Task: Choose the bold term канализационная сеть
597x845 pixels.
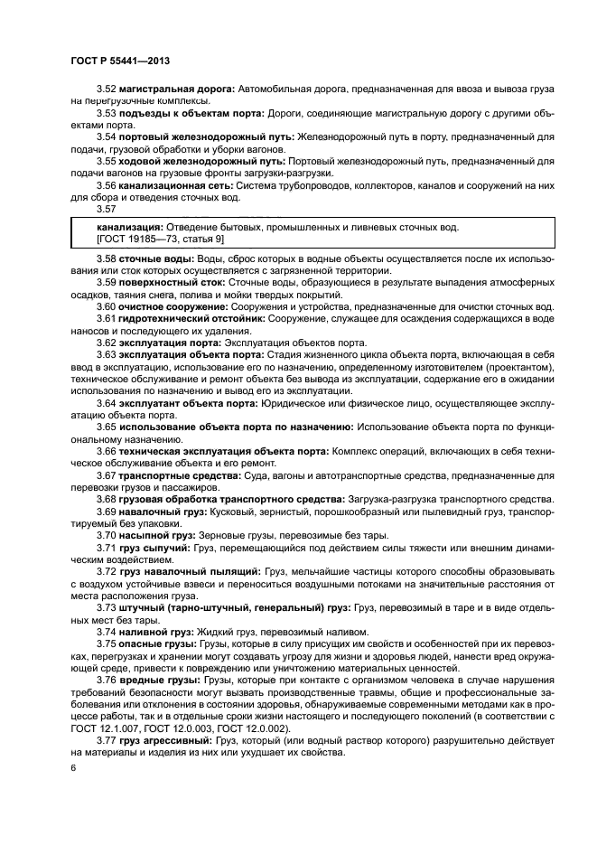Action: (x=176, y=184)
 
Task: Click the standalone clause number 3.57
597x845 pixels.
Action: (x=107, y=208)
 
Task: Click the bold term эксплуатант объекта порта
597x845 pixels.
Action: (x=188, y=401)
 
